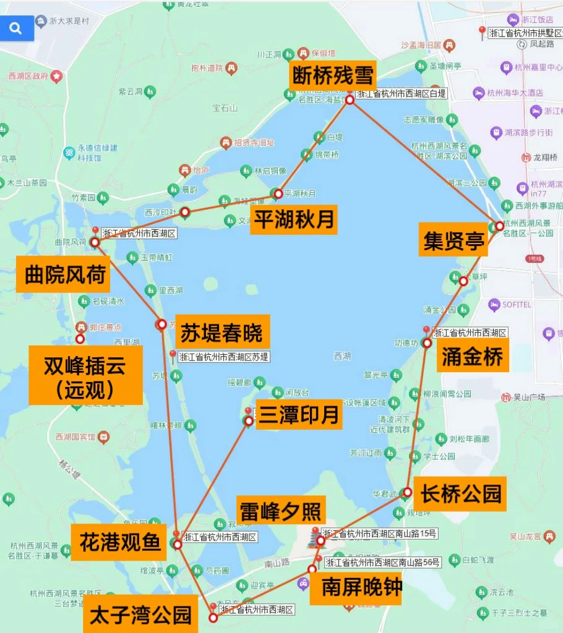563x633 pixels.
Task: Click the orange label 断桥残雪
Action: coord(333,77)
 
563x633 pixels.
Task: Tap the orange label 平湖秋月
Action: coord(294,219)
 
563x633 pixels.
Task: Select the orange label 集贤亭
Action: coord(453,240)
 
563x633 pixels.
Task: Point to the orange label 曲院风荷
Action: coord(64,274)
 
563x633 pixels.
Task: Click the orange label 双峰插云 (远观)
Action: coord(85,376)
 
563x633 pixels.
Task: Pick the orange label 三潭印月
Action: coord(299,415)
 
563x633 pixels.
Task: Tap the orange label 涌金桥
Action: coord(473,357)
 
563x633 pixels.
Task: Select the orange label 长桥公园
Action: coord(460,493)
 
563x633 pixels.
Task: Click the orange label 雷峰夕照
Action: coord(280,512)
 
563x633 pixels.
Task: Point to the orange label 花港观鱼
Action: coord(120,543)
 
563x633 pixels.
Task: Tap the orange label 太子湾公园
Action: coord(140,614)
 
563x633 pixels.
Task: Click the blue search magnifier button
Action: coord(16,28)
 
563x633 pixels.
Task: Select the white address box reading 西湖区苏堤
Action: coord(223,357)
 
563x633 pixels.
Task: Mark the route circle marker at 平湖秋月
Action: coord(278,193)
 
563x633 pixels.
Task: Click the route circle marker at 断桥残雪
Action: coord(350,100)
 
